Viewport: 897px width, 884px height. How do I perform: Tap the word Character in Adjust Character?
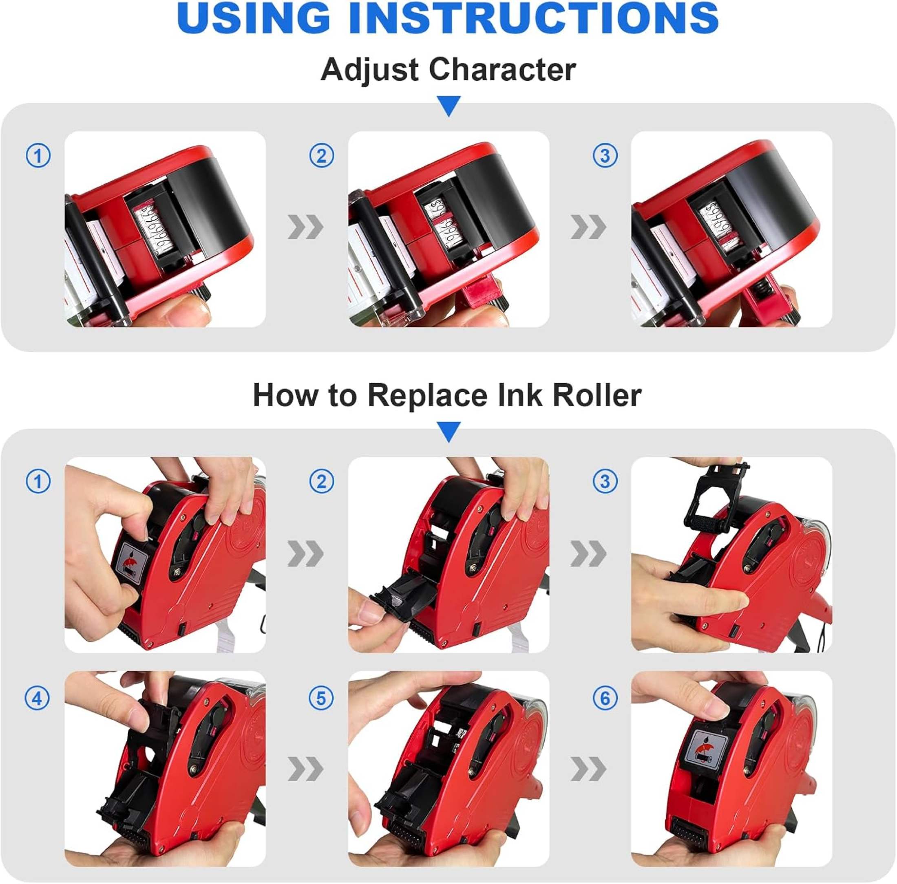pyautogui.click(x=502, y=70)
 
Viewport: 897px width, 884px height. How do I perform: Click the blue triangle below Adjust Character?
pyautogui.click(x=449, y=106)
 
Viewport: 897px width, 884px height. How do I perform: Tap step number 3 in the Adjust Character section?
pyautogui.click(x=605, y=156)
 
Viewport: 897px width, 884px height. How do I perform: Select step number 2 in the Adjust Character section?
pyautogui.click(x=321, y=156)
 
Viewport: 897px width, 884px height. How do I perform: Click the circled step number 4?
pyautogui.click(x=38, y=699)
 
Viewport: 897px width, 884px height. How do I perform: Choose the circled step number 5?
pyautogui.click(x=321, y=699)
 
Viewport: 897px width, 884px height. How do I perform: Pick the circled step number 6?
pyautogui.click(x=605, y=699)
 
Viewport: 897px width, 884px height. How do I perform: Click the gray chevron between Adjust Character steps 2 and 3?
pyautogui.click(x=588, y=228)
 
